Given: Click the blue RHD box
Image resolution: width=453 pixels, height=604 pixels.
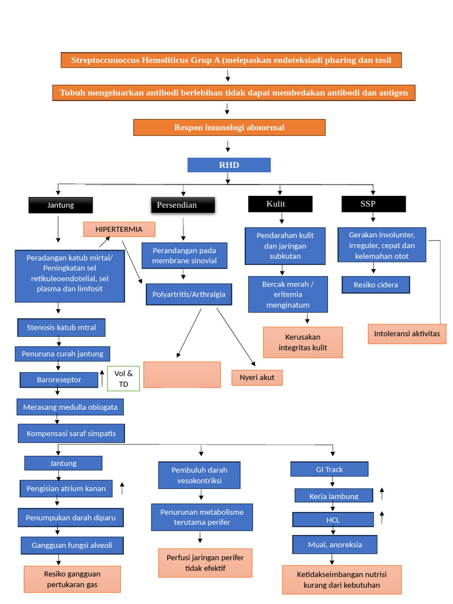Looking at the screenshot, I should [x=229, y=165].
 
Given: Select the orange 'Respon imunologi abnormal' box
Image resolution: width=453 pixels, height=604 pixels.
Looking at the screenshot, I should [x=229, y=127].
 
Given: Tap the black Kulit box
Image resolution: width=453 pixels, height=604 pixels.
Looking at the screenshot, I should [x=280, y=203].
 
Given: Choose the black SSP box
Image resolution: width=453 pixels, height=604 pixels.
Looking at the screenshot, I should [x=373, y=203].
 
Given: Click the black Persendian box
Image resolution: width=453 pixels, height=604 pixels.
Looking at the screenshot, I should [x=183, y=205].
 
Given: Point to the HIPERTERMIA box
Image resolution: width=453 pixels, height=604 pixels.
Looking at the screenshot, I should [x=120, y=229].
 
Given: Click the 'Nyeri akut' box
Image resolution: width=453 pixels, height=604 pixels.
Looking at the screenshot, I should [x=257, y=377].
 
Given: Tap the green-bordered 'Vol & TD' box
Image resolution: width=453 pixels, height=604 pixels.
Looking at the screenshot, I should [x=123, y=378].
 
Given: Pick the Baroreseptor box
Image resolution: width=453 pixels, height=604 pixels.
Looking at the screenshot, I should [x=59, y=380].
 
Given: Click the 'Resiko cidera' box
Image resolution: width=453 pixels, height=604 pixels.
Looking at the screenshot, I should [x=376, y=285].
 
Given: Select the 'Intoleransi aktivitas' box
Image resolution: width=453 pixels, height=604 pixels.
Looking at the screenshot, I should [x=407, y=333].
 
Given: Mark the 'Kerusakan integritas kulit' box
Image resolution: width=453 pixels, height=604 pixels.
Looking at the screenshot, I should [x=303, y=343].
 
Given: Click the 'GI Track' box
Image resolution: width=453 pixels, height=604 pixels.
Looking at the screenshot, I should [x=329, y=470].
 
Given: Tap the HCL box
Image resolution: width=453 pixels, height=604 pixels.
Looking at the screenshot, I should [x=333, y=520].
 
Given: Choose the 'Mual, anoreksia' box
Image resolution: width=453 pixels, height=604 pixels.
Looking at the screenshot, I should [x=335, y=544].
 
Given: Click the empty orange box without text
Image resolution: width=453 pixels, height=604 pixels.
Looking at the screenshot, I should [x=182, y=375].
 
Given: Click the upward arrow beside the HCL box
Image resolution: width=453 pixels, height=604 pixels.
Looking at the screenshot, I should [x=382, y=517].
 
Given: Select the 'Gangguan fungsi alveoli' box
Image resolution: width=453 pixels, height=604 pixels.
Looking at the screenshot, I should [x=72, y=546].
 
